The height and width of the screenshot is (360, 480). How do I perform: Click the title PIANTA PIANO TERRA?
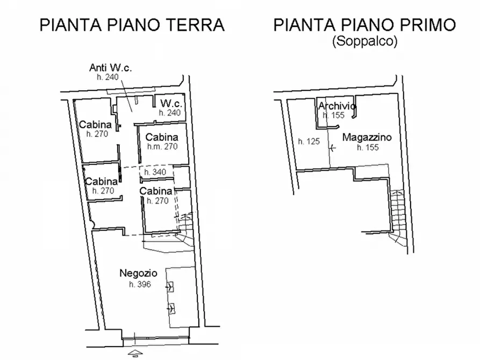132,25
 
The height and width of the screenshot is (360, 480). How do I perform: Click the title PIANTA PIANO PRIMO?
364,25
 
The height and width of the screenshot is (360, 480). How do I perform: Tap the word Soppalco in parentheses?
364,42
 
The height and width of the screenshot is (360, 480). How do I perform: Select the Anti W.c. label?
111,68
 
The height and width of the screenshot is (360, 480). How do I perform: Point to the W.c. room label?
169,103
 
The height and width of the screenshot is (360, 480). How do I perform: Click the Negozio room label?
138,273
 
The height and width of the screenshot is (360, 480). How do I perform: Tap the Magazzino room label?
367,138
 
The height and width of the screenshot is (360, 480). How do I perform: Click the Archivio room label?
336,106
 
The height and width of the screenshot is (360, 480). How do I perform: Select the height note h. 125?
309,142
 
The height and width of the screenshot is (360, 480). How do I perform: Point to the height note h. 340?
155,172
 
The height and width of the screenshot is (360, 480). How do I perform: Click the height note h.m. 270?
162,146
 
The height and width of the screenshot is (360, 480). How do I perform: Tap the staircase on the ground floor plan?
185,228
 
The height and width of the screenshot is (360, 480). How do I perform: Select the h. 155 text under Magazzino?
367,147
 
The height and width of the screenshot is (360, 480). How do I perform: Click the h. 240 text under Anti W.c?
108,77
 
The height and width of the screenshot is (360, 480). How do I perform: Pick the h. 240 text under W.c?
169,113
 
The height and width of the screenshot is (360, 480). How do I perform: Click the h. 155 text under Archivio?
333,115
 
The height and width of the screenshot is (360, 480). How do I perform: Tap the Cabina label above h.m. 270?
162,136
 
